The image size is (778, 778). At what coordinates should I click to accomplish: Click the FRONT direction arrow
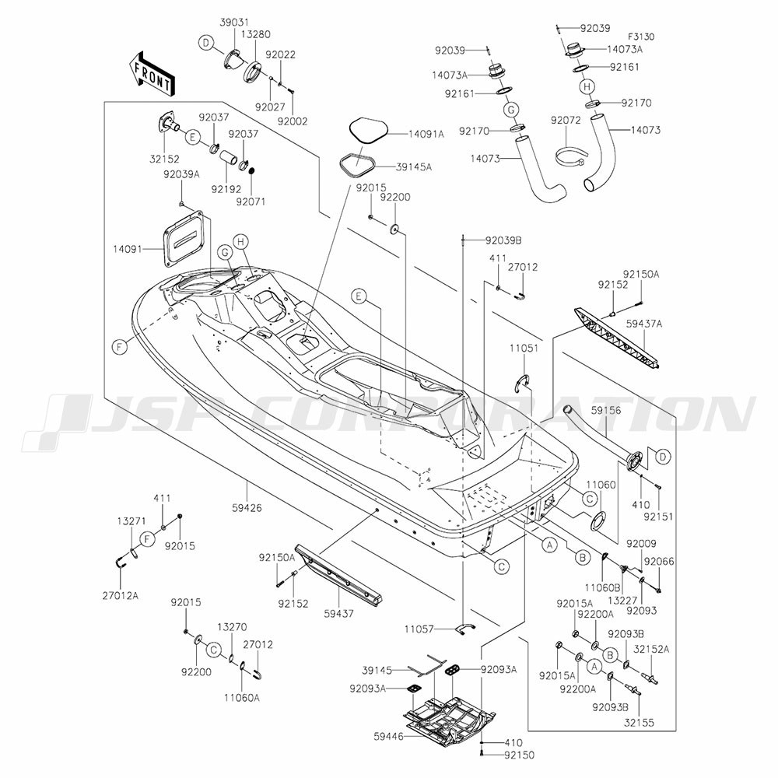[150, 73]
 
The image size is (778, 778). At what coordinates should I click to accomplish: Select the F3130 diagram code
[641, 37]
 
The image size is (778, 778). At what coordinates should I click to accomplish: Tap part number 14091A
[426, 134]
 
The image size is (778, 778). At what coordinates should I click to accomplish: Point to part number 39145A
[414, 167]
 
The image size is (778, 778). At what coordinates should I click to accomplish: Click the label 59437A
[644, 324]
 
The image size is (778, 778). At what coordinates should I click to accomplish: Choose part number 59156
[606, 410]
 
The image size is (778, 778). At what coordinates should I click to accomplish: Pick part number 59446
[388, 737]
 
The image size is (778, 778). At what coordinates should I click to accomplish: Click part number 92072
[566, 121]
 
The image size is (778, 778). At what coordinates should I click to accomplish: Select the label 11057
[419, 629]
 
